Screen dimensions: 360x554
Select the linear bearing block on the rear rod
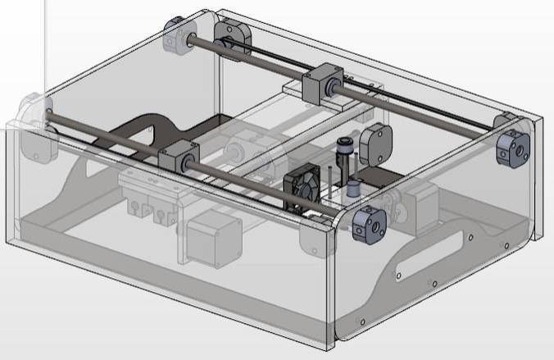pyautogui.click(x=320, y=84)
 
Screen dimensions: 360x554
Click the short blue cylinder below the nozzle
pyautogui.click(x=352, y=189)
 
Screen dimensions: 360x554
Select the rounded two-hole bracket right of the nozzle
pyautogui.click(x=377, y=144)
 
